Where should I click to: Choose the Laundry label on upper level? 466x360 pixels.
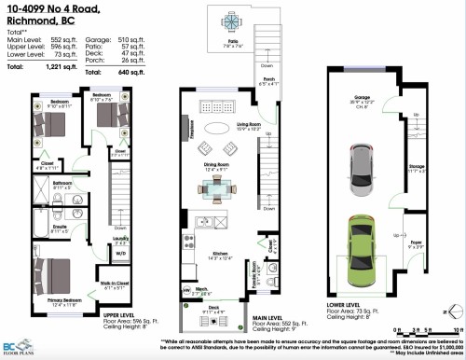click(120, 238)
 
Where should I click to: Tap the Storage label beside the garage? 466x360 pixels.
click(417, 169)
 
